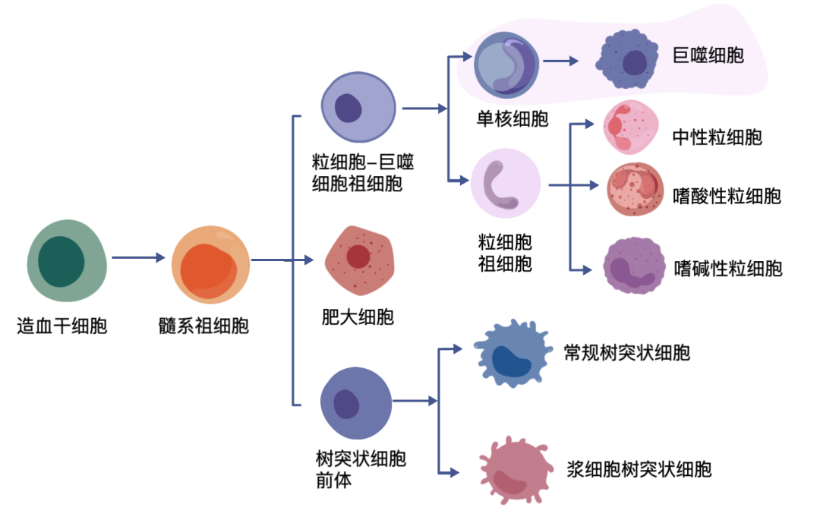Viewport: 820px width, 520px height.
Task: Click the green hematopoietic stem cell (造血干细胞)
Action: tap(67, 260)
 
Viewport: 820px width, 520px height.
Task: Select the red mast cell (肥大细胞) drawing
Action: tap(359, 260)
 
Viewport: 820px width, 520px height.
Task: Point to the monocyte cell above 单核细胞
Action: tap(506, 64)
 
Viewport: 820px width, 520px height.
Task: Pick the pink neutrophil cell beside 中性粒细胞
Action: tap(630, 127)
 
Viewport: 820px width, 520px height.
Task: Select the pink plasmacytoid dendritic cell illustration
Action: tap(513, 470)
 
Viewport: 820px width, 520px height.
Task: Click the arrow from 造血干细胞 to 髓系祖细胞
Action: tap(138, 258)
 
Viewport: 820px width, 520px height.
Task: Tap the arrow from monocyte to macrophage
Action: tap(561, 62)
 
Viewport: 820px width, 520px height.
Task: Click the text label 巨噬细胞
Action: tap(708, 55)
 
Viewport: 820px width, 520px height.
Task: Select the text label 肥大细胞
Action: tap(358, 317)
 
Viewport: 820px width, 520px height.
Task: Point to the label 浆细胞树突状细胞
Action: tap(639, 468)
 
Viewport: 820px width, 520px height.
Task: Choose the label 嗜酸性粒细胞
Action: tap(727, 196)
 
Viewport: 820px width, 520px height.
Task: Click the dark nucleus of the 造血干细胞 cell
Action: tap(61, 260)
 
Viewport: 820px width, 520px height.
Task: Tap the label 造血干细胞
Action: tap(61, 326)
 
